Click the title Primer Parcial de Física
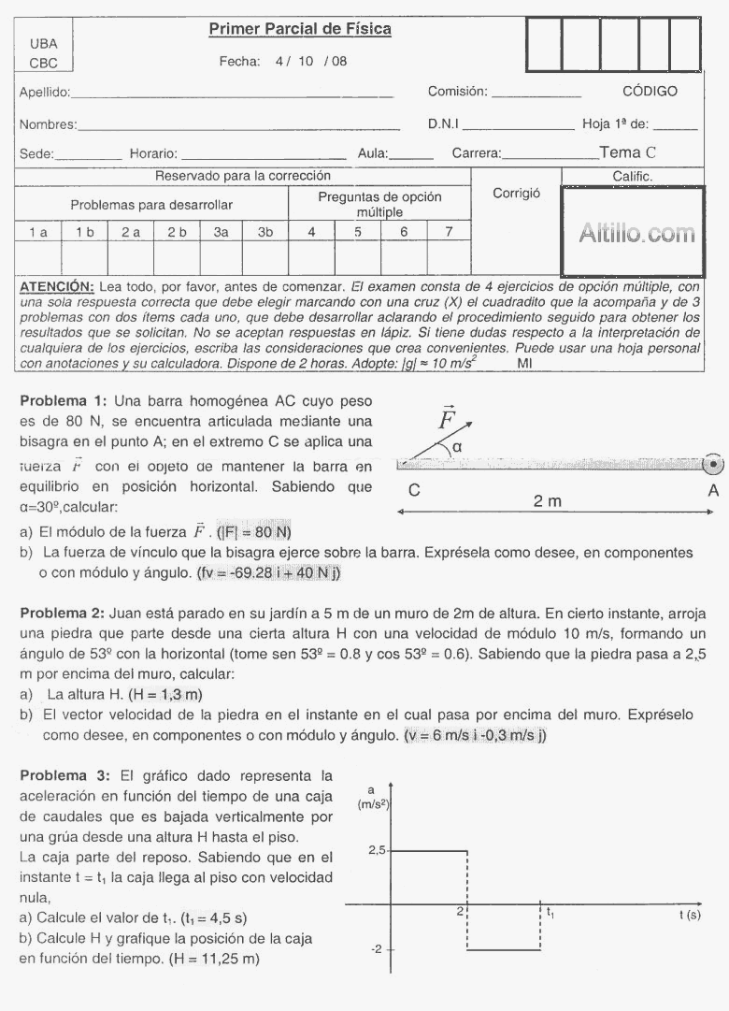(x=299, y=30)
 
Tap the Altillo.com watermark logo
(x=636, y=234)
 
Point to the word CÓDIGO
(x=650, y=92)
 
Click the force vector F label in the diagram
(x=447, y=419)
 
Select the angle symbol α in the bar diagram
(x=457, y=448)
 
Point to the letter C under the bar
(x=413, y=489)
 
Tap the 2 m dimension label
(x=548, y=502)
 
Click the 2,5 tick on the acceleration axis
(x=377, y=850)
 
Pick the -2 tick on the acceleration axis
(x=377, y=949)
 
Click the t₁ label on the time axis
(x=550, y=912)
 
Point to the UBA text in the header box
(x=43, y=43)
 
